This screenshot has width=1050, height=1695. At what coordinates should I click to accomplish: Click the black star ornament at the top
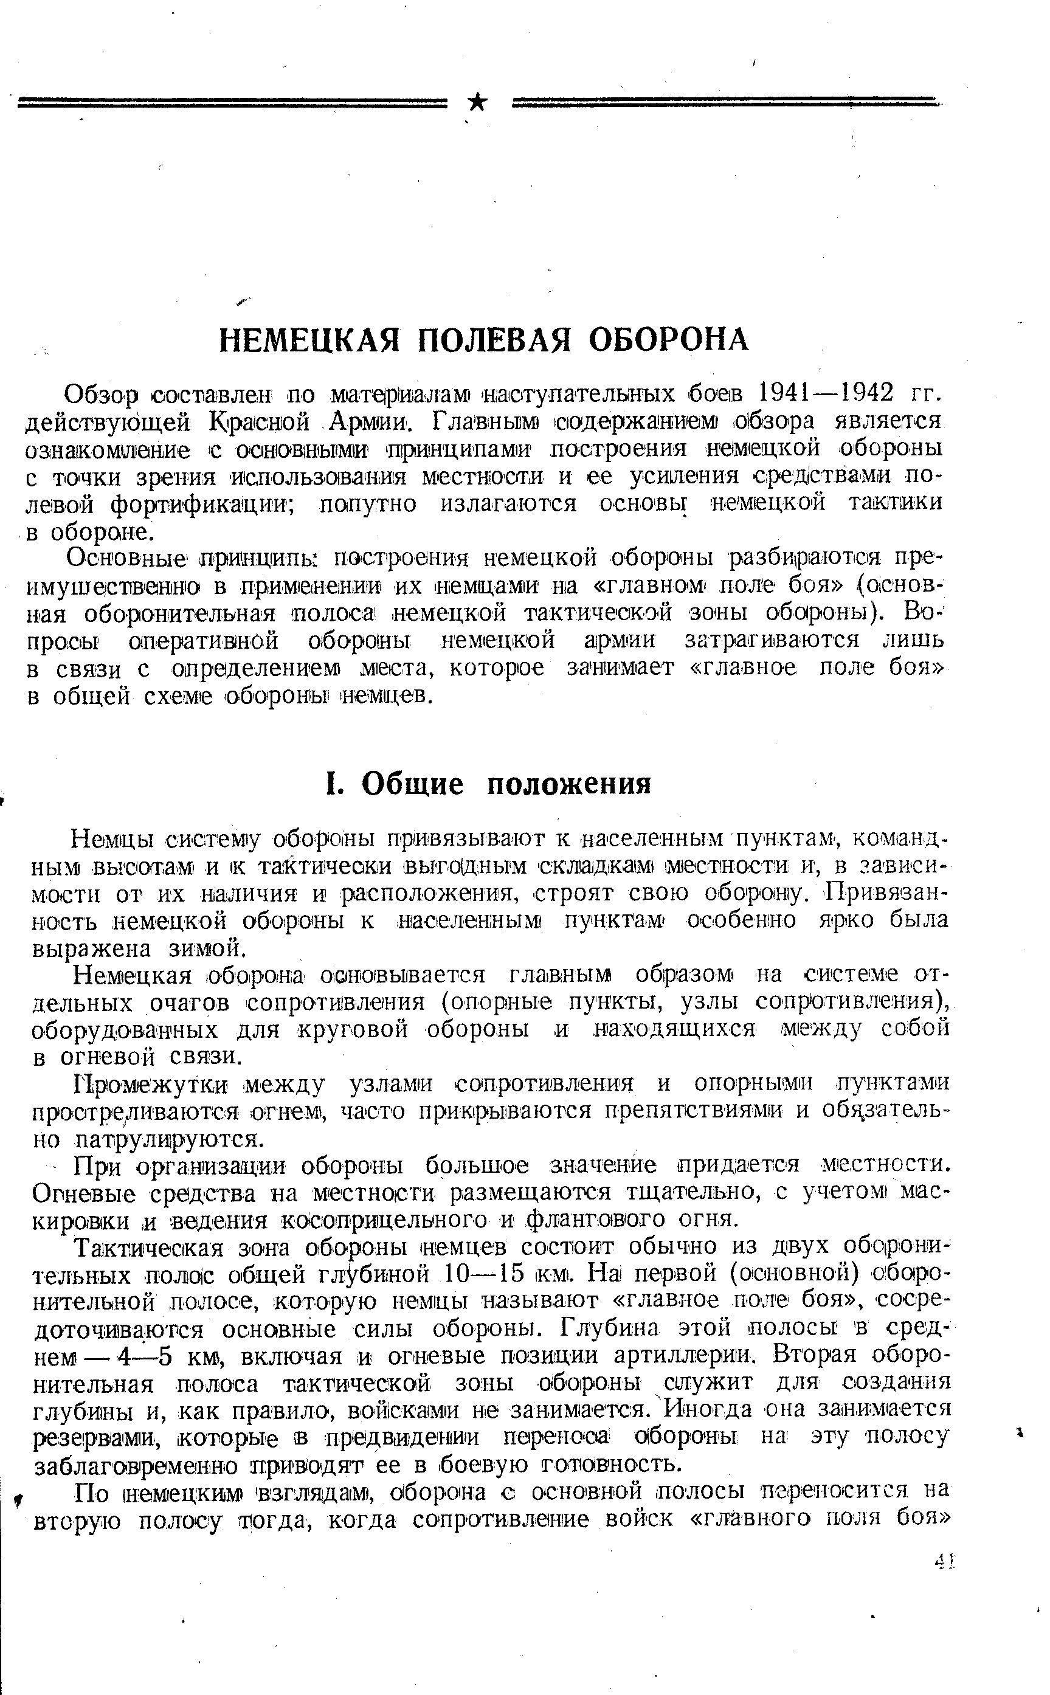[x=478, y=103]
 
